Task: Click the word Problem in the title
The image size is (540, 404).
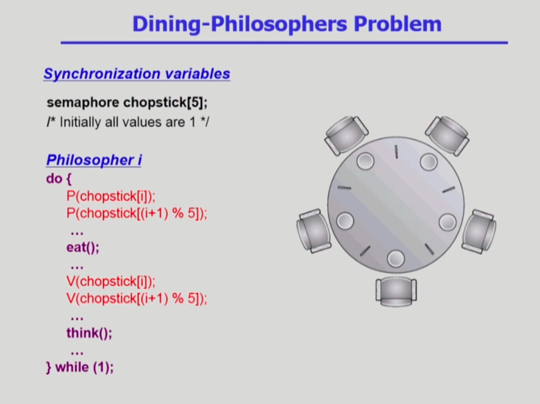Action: pos(398,24)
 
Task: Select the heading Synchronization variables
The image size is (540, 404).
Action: pos(137,74)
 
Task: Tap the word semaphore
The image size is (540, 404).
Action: pos(83,103)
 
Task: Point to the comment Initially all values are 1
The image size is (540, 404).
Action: pos(128,122)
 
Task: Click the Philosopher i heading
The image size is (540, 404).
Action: pos(94,160)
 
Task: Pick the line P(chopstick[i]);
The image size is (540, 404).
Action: pos(111,197)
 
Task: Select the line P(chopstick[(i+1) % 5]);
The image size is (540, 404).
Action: pos(137,213)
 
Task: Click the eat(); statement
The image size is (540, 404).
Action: pos(83,247)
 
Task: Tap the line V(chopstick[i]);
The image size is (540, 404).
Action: pos(111,281)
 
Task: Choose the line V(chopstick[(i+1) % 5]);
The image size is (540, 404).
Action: pos(137,298)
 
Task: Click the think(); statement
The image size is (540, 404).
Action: pos(89,333)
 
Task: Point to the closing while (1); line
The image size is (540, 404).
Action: pos(80,368)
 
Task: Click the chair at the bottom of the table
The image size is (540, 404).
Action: pos(396,292)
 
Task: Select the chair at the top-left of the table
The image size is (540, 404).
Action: pos(346,135)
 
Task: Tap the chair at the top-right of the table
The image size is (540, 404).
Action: pos(447,135)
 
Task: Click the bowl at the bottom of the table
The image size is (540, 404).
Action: pos(395,259)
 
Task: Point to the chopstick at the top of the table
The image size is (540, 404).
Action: pos(396,152)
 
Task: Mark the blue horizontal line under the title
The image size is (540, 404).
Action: pos(284,43)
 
